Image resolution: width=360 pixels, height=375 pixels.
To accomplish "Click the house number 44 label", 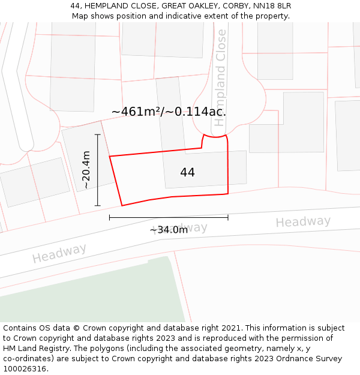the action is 187,172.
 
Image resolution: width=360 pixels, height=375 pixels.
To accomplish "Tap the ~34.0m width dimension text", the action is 169,230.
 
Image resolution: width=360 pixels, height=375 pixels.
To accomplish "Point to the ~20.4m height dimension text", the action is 86,170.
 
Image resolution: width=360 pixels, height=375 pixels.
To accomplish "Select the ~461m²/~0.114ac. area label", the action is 169,112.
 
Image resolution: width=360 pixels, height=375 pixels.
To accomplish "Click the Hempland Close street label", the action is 220,77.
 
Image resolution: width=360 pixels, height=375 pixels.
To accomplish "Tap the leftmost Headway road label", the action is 59,253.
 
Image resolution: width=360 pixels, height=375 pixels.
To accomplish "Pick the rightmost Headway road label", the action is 303,222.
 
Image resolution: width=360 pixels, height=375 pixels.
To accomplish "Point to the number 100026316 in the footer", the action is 25,368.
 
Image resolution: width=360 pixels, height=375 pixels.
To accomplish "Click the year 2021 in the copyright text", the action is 232,328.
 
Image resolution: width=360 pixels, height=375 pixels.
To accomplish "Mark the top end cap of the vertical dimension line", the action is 97,134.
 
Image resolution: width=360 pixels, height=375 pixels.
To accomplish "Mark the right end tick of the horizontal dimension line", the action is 228,217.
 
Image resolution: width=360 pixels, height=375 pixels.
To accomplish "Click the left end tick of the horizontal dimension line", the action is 110,217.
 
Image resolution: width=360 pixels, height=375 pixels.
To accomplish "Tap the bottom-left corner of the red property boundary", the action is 122,206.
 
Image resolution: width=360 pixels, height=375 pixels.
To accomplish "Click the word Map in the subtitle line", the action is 80,16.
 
